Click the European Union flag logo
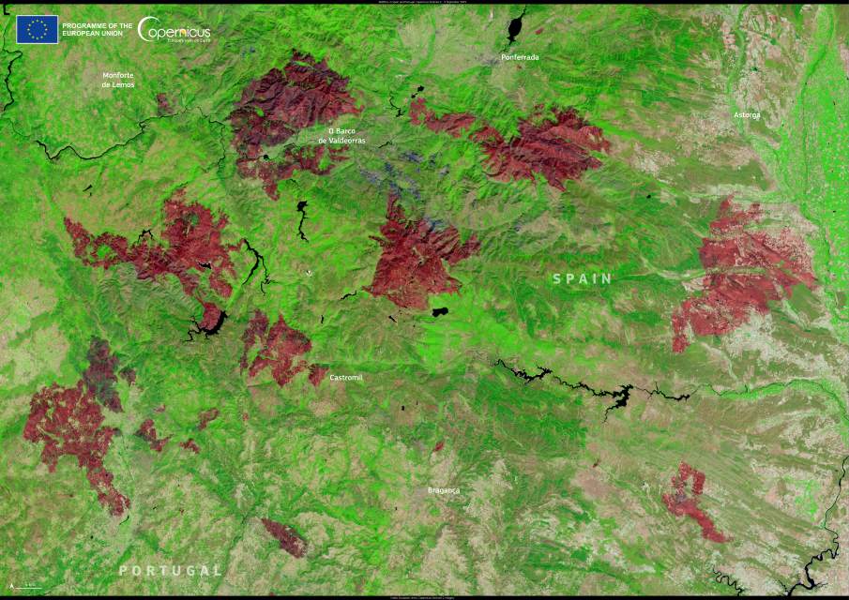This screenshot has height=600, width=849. [x=37, y=29]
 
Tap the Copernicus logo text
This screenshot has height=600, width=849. [x=174, y=30]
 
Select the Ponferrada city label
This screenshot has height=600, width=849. [x=520, y=57]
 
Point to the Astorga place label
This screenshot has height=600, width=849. [x=748, y=114]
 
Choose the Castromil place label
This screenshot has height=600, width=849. [x=346, y=377]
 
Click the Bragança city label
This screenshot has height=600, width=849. [x=444, y=489]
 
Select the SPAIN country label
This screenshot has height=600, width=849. [x=582, y=278]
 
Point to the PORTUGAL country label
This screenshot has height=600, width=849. [x=170, y=570]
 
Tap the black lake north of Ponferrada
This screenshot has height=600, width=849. [x=516, y=25]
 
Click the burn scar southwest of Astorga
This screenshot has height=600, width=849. [x=741, y=272]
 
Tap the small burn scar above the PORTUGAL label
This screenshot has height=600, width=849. [x=284, y=537]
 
